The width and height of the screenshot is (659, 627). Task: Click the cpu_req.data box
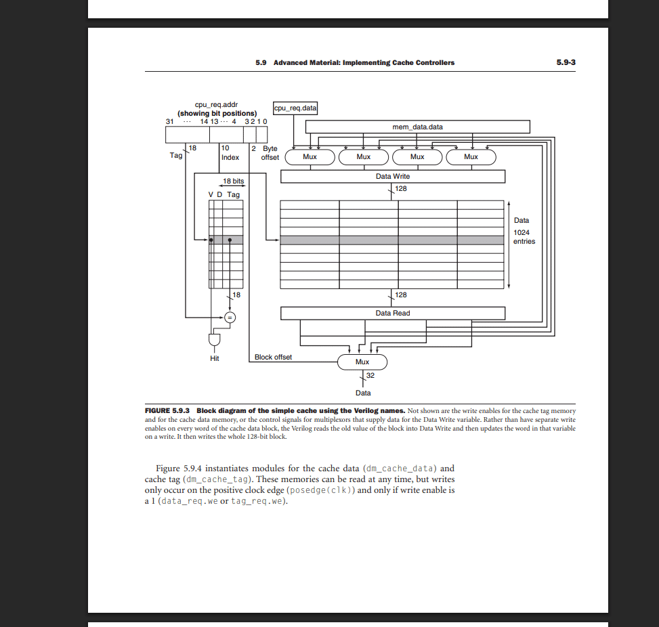coord(295,108)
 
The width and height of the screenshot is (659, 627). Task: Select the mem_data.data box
coord(417,127)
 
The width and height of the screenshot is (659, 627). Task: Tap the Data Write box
coord(392,176)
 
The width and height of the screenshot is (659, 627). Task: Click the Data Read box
coord(392,313)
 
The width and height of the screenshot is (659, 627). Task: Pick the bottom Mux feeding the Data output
coord(362,362)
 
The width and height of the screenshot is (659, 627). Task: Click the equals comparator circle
coord(230,316)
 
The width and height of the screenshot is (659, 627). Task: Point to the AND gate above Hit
coord(214,339)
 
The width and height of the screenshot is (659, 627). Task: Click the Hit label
coord(214,358)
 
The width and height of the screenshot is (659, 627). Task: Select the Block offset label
coord(273,357)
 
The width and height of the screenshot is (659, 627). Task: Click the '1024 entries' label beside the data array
coord(524,236)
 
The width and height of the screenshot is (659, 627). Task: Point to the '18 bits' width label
coord(233,181)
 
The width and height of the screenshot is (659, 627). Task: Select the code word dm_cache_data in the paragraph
coord(399,468)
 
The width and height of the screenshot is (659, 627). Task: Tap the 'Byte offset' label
coord(269,152)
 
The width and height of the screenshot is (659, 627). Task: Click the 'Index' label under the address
coord(230,157)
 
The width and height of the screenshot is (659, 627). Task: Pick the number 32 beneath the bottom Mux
coord(370,375)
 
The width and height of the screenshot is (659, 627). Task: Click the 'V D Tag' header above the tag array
coord(224,194)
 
